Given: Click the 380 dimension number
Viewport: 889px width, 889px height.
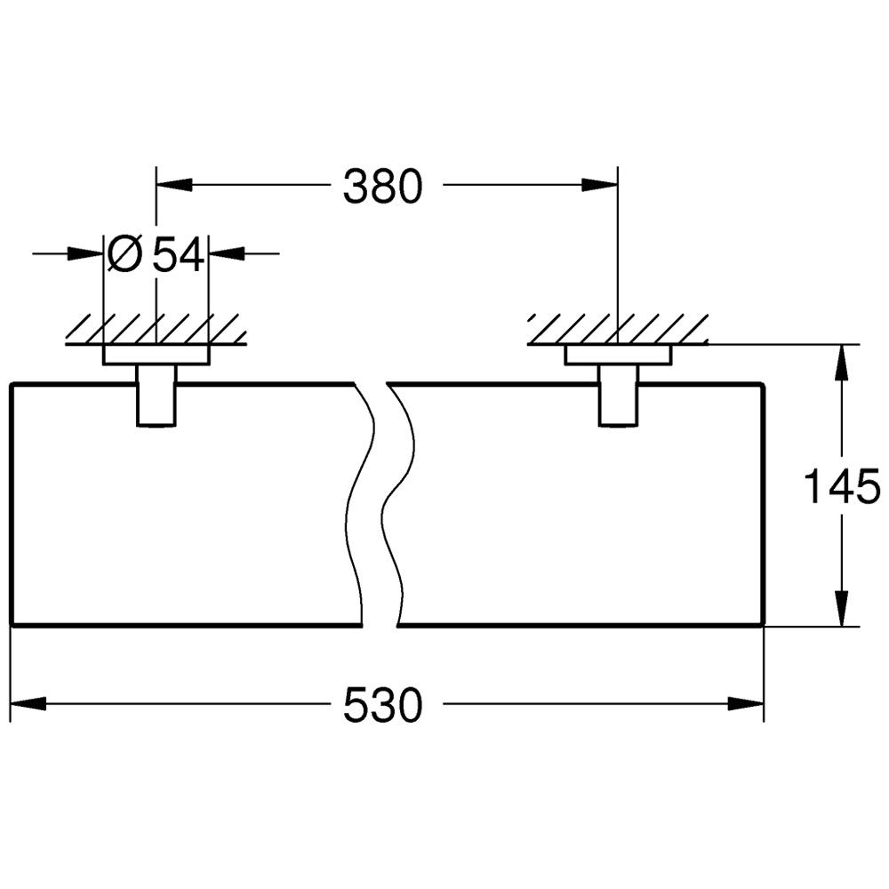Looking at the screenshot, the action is tap(382, 186).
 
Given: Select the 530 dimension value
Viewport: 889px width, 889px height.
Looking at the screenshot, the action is tap(383, 705).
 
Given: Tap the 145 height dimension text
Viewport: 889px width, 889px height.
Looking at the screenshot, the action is tap(843, 486).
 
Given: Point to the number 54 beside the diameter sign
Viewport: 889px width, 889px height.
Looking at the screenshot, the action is tap(178, 254).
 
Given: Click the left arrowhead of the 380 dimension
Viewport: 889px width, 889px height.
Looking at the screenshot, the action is tap(174, 185).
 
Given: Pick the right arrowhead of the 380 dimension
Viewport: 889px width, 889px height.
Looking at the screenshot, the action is tap(600, 185).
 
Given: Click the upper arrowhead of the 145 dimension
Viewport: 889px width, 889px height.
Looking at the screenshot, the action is tap(842, 362).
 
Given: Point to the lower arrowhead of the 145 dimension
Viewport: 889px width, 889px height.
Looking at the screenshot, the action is tap(842, 608).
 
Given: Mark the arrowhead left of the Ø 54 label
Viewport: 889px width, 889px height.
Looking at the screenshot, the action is tap(85, 253).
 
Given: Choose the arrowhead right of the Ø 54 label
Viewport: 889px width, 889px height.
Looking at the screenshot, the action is tap(227, 253).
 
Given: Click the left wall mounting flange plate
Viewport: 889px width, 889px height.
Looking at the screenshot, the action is tap(156, 355).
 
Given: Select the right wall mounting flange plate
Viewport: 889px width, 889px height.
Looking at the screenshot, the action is tap(618, 355).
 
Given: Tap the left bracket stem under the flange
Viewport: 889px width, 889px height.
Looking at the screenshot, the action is tap(156, 396).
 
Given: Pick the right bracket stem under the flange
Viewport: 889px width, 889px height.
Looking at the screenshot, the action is tap(619, 396).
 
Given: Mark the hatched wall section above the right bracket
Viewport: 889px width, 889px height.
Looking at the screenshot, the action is tap(618, 330).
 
